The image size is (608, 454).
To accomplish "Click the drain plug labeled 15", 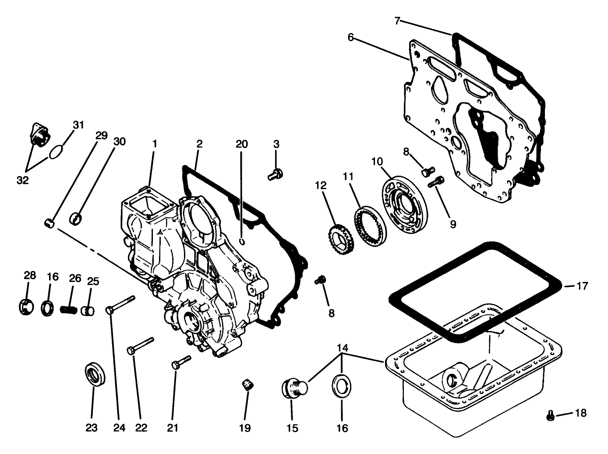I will coord(293,388).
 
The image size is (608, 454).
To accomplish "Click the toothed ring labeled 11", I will coord(369,222).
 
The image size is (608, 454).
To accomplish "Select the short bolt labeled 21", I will coord(181,362).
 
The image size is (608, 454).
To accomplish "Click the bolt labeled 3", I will coord(275,175).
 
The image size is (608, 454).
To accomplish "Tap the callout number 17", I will coord(582,286).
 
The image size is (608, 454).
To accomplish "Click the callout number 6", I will coord(350,37).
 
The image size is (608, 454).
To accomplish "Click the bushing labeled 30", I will coord(78,218).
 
